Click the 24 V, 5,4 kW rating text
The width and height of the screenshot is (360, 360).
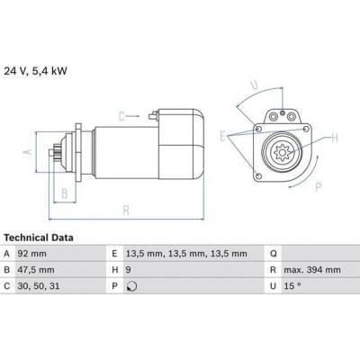pyautogui.click(x=35, y=71)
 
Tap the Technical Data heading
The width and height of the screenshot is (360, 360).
pyautogui.click(x=39, y=238)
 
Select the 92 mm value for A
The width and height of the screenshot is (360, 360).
pyautogui.click(x=32, y=254)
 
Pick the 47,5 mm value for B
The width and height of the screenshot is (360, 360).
pyautogui.click(x=36, y=270)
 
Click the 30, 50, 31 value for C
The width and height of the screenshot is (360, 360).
pyautogui.click(x=39, y=286)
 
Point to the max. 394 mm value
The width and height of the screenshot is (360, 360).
pyautogui.click(x=312, y=270)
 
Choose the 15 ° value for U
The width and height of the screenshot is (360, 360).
pyautogui.click(x=292, y=286)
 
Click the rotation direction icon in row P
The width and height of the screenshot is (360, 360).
pyautogui.click(x=132, y=286)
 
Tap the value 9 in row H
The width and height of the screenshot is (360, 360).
pyautogui.click(x=129, y=270)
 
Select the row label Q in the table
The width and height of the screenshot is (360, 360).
pyautogui.click(x=274, y=254)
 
